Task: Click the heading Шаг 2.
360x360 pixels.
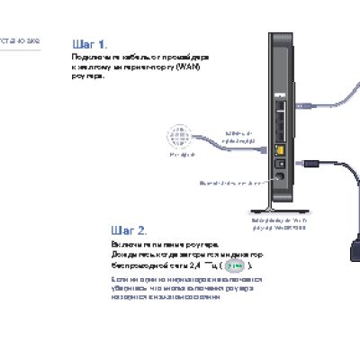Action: pyautogui.click(x=130, y=230)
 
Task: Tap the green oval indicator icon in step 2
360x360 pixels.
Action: pyautogui.click(x=236, y=266)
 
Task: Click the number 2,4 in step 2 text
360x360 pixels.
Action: pyautogui.click(x=194, y=266)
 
